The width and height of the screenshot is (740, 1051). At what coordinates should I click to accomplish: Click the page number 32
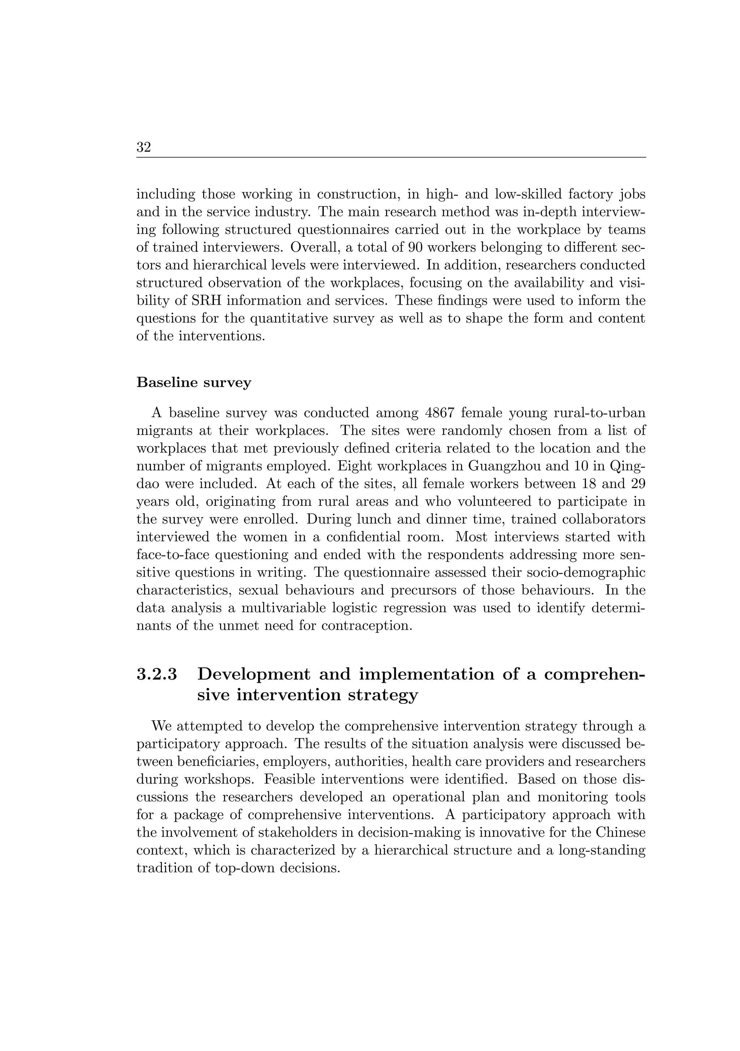click(144, 147)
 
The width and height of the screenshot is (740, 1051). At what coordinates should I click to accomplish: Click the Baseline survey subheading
click(194, 382)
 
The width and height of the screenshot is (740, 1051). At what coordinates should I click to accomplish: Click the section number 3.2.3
click(156, 674)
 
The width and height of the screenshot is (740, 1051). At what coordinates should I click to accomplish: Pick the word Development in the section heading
click(254, 674)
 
